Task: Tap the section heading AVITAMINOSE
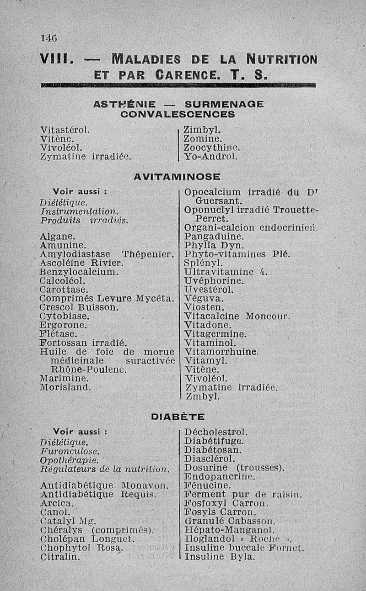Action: point(177,176)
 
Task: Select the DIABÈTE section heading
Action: point(178,417)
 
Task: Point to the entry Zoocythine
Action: point(211,148)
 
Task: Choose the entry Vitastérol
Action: point(64,130)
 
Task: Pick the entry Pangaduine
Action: point(214,237)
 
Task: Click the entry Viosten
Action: point(204,307)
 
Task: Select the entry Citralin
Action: point(59,557)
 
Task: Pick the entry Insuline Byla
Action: point(219,557)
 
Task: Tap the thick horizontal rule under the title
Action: point(178,84)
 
